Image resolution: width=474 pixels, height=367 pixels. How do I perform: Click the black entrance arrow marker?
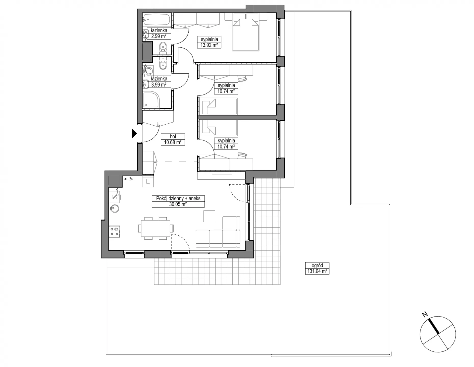134,134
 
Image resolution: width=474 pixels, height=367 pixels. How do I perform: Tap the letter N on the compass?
425,315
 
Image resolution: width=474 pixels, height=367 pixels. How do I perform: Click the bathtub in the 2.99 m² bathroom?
156,19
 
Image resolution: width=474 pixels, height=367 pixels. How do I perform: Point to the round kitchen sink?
114,209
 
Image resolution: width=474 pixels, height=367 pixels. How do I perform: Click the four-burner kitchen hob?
114,231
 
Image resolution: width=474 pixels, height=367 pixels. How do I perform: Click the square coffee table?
209,216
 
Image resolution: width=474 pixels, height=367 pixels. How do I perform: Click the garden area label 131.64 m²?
317,271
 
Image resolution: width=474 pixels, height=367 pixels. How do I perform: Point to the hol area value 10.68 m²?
173,142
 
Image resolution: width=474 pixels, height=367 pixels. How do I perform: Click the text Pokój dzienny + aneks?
178,198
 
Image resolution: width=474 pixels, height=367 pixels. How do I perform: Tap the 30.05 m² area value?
178,204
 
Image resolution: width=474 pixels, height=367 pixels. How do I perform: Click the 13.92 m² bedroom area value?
209,45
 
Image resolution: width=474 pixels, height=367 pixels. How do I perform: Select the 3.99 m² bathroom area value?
159,85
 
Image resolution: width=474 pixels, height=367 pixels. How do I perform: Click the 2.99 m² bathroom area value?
159,36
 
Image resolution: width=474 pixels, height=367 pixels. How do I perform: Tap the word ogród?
317,265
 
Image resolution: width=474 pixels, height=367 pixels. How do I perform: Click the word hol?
173,136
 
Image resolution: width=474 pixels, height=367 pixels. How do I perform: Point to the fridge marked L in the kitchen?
148,181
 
